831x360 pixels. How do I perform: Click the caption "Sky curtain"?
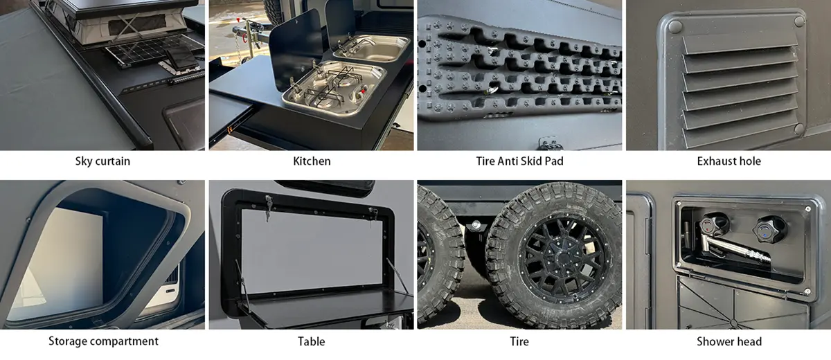(102, 161)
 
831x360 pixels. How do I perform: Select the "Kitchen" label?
(312, 161)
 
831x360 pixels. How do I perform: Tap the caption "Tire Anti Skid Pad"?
(519, 161)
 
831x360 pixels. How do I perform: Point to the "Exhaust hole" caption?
(729, 161)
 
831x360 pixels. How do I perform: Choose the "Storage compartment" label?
(103, 341)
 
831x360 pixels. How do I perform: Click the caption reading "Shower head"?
(729, 341)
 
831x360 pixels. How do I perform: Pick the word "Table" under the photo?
(312, 341)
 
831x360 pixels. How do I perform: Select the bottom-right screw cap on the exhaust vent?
(799, 129)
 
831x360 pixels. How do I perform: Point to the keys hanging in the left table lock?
(268, 206)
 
